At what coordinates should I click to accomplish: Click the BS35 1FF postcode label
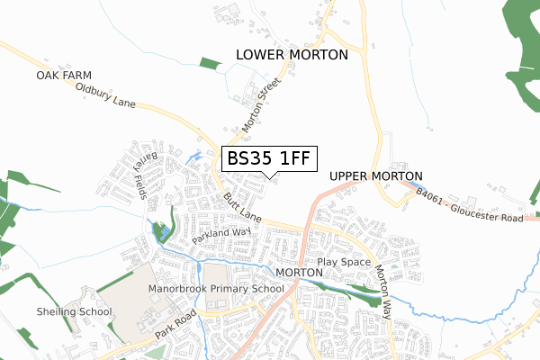tap(268, 158)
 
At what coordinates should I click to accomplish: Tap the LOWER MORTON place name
tap(291, 55)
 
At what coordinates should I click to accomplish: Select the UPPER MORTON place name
tap(376, 176)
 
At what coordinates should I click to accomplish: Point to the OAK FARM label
tap(65, 76)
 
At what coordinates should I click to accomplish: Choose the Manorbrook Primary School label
tap(216, 289)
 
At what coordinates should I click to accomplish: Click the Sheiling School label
tap(74, 312)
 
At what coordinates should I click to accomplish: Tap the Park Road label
tap(175, 326)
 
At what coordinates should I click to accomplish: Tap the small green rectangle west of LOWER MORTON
tap(209, 63)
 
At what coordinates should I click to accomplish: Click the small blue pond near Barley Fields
tap(194, 158)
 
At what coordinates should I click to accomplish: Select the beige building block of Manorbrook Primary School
tap(217, 279)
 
